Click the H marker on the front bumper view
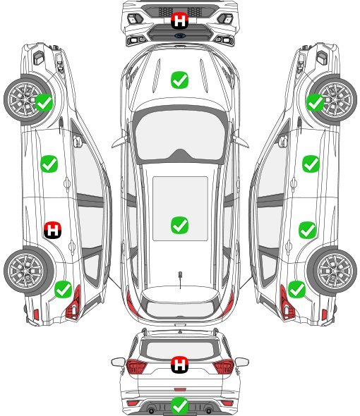[x=179, y=20]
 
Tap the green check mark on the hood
[x=179, y=80]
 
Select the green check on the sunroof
[x=179, y=225]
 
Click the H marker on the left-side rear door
[x=53, y=230]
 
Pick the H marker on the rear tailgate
[x=179, y=365]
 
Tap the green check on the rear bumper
[x=179, y=405]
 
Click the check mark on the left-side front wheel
[x=44, y=103]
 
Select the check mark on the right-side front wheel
[x=315, y=103]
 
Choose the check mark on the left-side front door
[x=49, y=164]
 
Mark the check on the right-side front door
[x=311, y=164]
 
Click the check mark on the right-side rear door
[x=307, y=230]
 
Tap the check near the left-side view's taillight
[x=64, y=290]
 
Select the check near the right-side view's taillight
[x=296, y=290]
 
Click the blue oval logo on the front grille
[x=180, y=35]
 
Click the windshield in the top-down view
[x=180, y=135]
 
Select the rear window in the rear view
[x=180, y=350]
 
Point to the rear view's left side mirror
[x=118, y=362]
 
